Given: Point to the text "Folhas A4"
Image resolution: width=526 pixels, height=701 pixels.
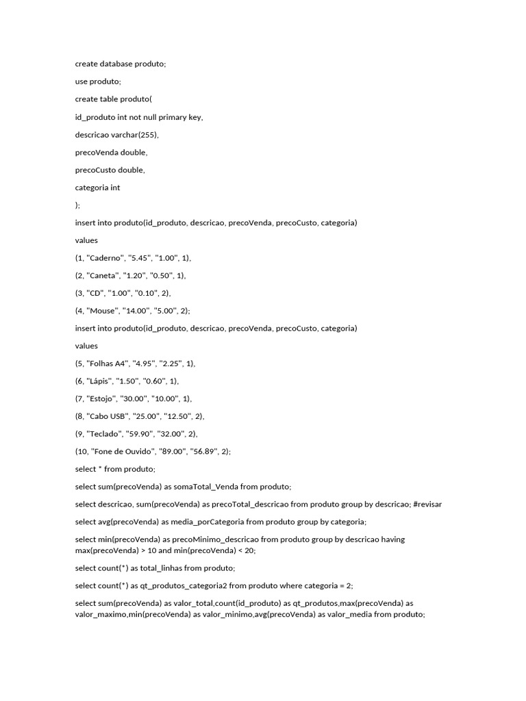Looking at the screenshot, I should pyautogui.click(x=106, y=364).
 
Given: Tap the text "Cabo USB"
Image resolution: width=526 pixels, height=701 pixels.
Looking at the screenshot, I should pyautogui.click(x=105, y=416).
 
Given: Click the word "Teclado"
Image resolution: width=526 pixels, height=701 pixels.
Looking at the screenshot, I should pyautogui.click(x=105, y=434).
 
